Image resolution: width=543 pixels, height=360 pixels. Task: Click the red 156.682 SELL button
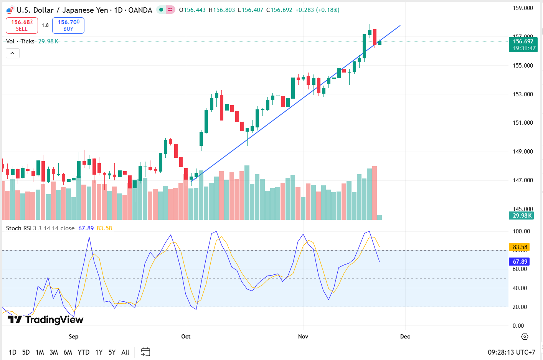[x=22, y=25]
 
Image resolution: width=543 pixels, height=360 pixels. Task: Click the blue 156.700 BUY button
[x=68, y=25]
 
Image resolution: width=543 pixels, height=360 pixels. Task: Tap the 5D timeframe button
[x=26, y=352]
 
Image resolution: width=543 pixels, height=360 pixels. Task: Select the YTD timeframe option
[x=83, y=352]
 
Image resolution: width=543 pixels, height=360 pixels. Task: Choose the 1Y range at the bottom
[x=99, y=352]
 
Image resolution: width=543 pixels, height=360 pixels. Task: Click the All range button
[x=125, y=352]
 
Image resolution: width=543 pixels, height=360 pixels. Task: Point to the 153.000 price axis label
[x=523, y=94]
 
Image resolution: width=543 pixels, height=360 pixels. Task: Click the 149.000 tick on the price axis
[x=523, y=152]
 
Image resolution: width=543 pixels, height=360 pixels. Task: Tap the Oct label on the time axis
[x=186, y=337]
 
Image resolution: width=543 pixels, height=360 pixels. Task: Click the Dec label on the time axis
[x=405, y=337]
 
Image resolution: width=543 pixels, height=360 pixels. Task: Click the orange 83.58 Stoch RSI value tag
[x=520, y=247]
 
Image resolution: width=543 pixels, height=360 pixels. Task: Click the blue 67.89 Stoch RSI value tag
[x=520, y=262]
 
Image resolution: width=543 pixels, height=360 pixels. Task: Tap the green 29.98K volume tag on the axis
[x=522, y=216]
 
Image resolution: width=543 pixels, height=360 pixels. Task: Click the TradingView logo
[x=45, y=320]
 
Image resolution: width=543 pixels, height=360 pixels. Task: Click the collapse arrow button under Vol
[x=12, y=53]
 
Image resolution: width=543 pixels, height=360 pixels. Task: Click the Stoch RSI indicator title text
[x=19, y=228]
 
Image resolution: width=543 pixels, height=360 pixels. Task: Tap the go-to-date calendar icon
[x=145, y=352]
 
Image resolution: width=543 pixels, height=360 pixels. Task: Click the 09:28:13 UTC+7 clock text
[x=511, y=352]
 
